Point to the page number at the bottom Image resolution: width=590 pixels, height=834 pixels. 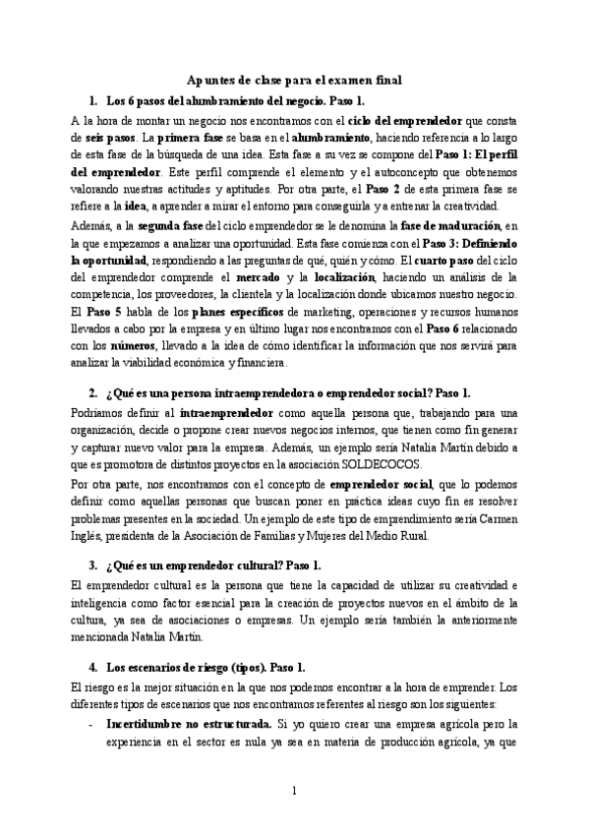click(x=295, y=790)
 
